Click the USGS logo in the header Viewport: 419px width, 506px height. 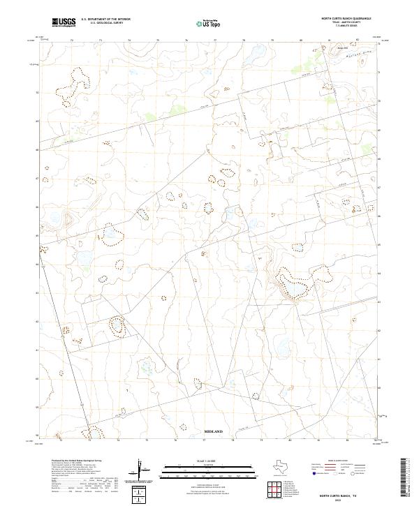64,22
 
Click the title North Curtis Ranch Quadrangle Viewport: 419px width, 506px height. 346,18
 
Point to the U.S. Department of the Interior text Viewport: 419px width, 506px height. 105,19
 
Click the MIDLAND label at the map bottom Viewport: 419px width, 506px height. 212,432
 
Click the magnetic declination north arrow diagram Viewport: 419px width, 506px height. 143,471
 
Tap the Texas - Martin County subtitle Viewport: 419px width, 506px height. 346,22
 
